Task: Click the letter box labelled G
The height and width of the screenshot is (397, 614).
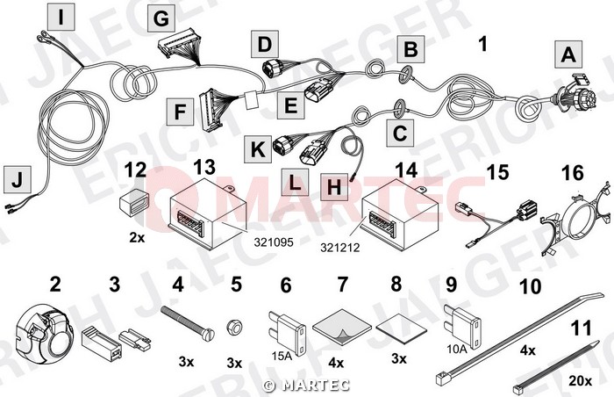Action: point(161,18)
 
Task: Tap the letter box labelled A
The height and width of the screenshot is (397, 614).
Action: point(568,54)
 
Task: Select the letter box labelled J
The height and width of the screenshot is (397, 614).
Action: point(18,179)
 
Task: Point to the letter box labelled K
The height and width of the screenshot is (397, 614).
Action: point(258,149)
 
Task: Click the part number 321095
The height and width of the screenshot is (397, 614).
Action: point(274,242)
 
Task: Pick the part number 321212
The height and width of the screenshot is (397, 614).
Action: point(340,248)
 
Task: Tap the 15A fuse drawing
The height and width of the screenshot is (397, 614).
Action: point(288,334)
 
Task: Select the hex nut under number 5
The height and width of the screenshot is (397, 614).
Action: point(234,327)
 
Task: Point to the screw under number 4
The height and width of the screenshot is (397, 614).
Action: point(188,320)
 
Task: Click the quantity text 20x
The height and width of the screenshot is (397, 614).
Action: point(580,380)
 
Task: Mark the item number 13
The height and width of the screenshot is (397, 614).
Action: point(204,168)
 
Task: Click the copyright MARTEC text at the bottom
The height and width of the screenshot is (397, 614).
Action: point(307,386)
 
